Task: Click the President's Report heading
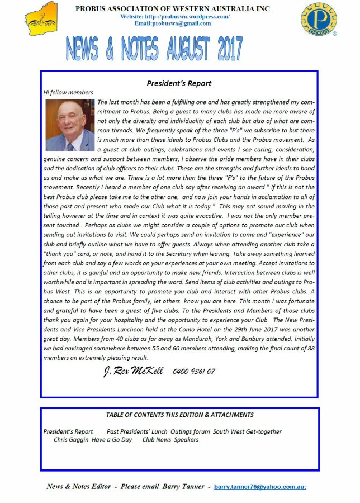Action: pos(179,83)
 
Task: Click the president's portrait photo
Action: pos(70,125)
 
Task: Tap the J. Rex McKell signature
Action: pos(134,371)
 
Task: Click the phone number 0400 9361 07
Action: pos(194,371)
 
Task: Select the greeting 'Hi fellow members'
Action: pos(68,92)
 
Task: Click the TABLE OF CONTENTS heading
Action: pos(179,415)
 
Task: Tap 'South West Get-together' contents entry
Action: pos(247,431)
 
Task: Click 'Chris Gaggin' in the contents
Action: pos(71,439)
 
